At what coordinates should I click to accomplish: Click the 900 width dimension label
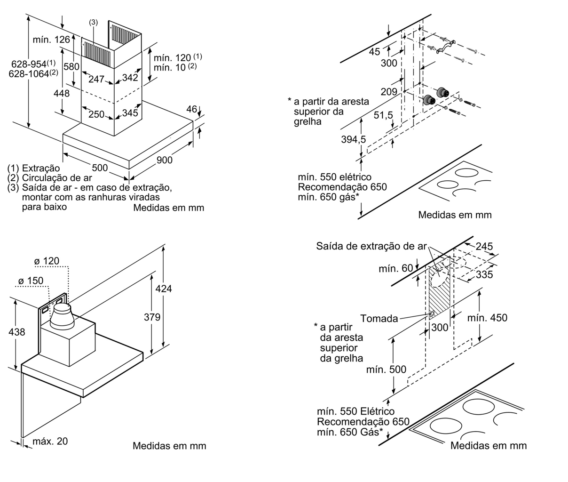pyautogui.click(x=164, y=160)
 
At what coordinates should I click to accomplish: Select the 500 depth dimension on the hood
pyautogui.click(x=100, y=168)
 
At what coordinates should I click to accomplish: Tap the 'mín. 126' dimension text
pyautogui.click(x=51, y=40)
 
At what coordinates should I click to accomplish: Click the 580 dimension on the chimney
pyautogui.click(x=71, y=66)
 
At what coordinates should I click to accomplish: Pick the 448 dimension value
pyautogui.click(x=62, y=93)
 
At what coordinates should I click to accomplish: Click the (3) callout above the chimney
pyautogui.click(x=93, y=22)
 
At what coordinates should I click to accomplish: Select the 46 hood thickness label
pyautogui.click(x=192, y=109)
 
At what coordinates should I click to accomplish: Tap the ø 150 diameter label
pyautogui.click(x=31, y=281)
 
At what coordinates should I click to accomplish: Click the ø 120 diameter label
pyautogui.click(x=47, y=261)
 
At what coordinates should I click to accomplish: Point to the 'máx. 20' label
pyautogui.click(x=50, y=441)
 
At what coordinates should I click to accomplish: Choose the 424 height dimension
pyautogui.click(x=164, y=289)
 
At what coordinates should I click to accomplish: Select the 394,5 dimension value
pyautogui.click(x=354, y=139)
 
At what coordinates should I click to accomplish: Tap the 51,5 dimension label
pyautogui.click(x=383, y=115)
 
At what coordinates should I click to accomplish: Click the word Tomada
pyautogui.click(x=379, y=319)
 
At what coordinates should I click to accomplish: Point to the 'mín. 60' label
pyautogui.click(x=396, y=268)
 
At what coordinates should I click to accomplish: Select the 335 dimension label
pyautogui.click(x=484, y=274)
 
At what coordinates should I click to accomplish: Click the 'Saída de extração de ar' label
pyautogui.click(x=371, y=246)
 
